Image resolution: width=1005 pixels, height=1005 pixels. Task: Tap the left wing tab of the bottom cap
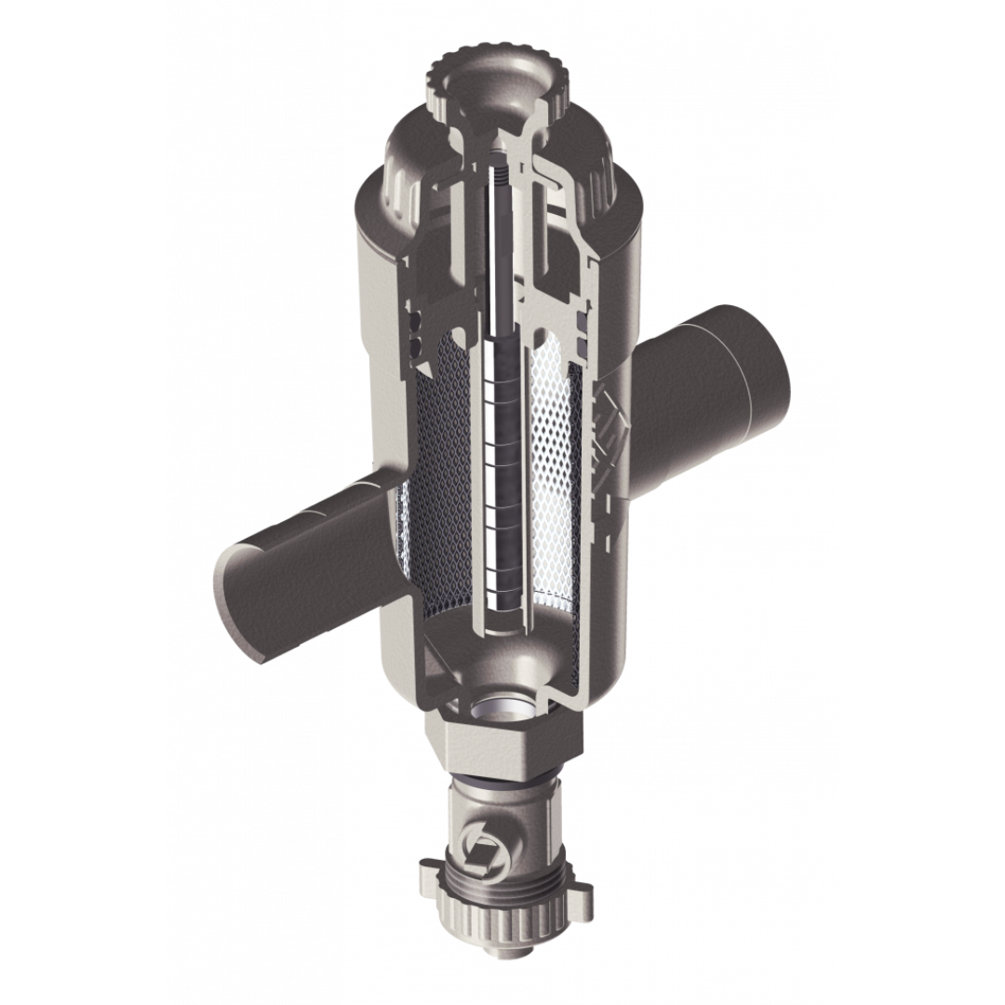click(426, 875)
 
